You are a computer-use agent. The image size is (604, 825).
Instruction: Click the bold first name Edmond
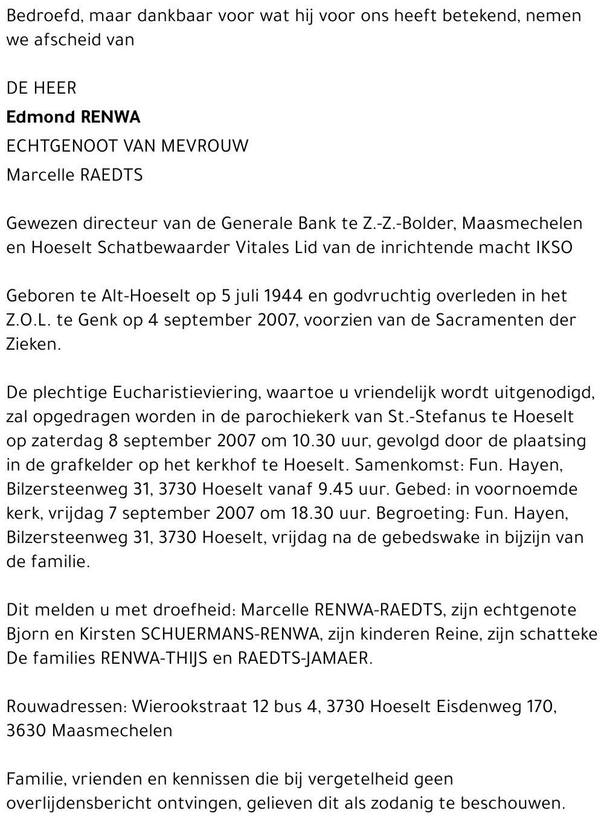tap(37, 117)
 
